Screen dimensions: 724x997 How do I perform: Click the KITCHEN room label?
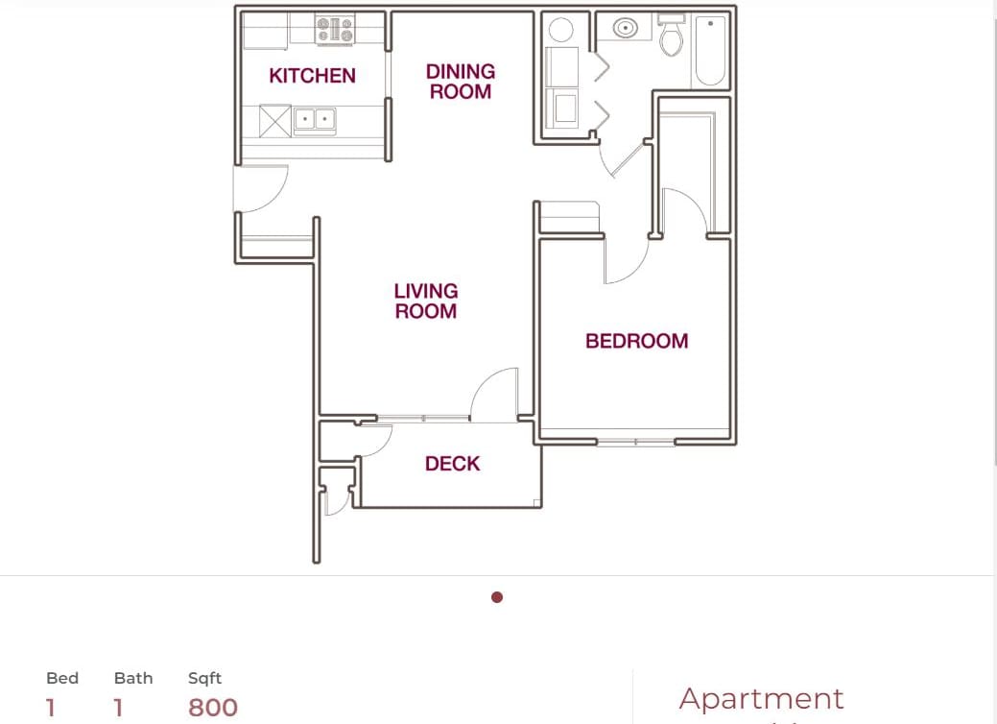click(x=312, y=76)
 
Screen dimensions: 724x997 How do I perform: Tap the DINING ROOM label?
click(x=461, y=82)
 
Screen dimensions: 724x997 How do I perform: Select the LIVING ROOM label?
click(x=426, y=301)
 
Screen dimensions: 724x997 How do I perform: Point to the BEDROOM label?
click(x=636, y=341)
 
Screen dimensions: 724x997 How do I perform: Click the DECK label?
click(x=452, y=464)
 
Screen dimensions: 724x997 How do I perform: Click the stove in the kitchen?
click(x=336, y=29)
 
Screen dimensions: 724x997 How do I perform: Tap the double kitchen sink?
click(x=314, y=120)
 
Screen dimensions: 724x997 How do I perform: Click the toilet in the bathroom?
click(x=671, y=37)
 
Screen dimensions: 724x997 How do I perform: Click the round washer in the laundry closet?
click(x=561, y=30)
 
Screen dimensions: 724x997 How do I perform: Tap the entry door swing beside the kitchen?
click(x=261, y=189)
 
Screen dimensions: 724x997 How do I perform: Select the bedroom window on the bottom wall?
click(x=635, y=442)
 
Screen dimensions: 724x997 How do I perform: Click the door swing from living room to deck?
click(x=495, y=395)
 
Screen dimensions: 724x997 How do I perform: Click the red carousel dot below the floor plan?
click(x=497, y=597)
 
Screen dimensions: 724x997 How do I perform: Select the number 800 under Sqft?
click(x=213, y=708)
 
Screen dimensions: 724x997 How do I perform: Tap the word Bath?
click(x=133, y=678)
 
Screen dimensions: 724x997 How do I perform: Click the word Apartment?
click(x=761, y=698)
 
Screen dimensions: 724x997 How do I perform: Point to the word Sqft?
click(x=204, y=678)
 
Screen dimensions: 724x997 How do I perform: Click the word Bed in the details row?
click(x=62, y=678)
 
